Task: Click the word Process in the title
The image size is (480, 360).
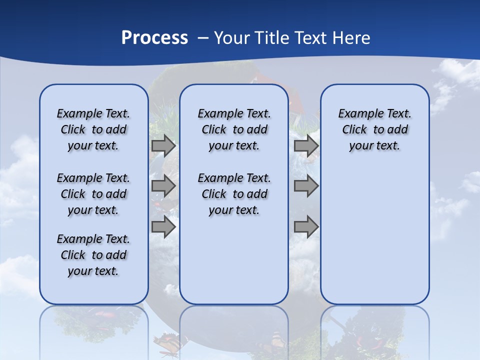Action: pyautogui.click(x=154, y=37)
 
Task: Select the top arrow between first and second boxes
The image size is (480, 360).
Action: pyautogui.click(x=163, y=146)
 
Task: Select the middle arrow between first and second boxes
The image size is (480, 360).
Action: pyautogui.click(x=163, y=186)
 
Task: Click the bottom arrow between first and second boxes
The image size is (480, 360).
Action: pyautogui.click(x=163, y=226)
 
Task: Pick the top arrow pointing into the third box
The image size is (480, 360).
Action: pyautogui.click(x=306, y=146)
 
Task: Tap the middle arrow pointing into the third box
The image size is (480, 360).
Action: pyautogui.click(x=306, y=186)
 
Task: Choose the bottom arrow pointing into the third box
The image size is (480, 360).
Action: pyautogui.click(x=306, y=226)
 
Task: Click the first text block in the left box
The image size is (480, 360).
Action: pyautogui.click(x=93, y=129)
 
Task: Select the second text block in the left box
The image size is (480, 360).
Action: pyautogui.click(x=93, y=194)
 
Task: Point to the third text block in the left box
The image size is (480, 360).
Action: pyautogui.click(x=93, y=255)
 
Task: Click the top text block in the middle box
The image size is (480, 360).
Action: pyautogui.click(x=234, y=129)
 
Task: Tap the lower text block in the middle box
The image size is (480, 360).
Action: pyautogui.click(x=234, y=194)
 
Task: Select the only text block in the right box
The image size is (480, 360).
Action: pyautogui.click(x=374, y=129)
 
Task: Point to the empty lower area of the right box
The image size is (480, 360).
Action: pyautogui.click(x=374, y=235)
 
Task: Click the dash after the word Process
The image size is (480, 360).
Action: pyautogui.click(x=203, y=38)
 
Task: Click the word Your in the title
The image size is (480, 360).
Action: pyautogui.click(x=232, y=37)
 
